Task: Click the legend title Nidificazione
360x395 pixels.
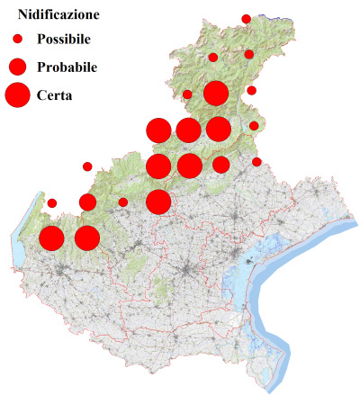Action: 58,14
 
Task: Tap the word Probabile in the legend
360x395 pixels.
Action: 67,67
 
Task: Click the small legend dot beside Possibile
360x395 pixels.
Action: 17,40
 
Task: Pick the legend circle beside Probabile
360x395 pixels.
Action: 17,67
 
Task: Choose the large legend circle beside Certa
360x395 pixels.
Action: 17,94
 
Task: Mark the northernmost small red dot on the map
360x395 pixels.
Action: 246,19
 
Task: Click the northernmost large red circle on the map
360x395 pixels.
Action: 215,93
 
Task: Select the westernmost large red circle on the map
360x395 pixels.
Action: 51,238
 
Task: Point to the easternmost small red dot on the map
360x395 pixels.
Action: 256,162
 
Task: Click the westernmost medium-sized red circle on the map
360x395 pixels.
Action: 87,202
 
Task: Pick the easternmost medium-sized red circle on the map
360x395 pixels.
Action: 220,164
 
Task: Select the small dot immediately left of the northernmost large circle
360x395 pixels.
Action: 187,94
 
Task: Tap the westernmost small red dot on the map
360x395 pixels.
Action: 51,202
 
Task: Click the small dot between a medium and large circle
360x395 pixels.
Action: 122,202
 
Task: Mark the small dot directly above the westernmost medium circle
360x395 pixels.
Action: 87,166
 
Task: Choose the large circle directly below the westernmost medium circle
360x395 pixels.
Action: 86,238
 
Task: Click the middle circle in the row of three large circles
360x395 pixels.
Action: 188,130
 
